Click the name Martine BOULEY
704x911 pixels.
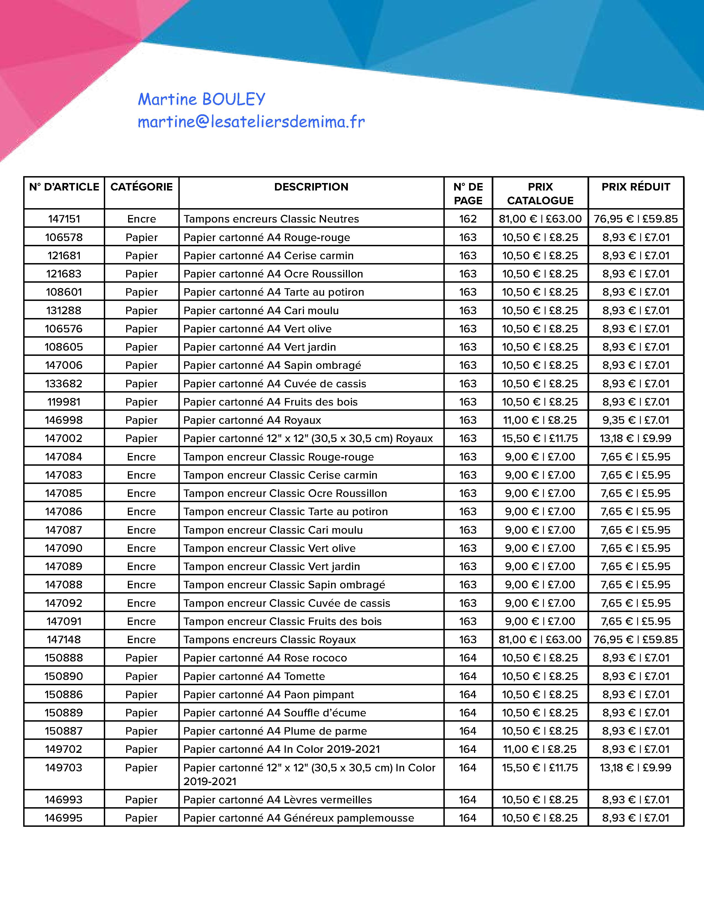pyautogui.click(x=202, y=99)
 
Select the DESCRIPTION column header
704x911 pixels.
pyautogui.click(x=311, y=187)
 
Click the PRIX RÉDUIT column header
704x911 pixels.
pyautogui.click(x=636, y=187)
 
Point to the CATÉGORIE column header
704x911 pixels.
pyautogui.click(x=141, y=187)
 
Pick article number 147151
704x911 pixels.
pyautogui.click(x=64, y=219)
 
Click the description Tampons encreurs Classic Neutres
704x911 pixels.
pyautogui.click(x=271, y=219)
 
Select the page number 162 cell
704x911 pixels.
pyautogui.click(x=468, y=219)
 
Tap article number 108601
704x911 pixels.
pyautogui.click(x=64, y=292)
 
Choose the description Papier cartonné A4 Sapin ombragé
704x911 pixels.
pyautogui.click(x=272, y=366)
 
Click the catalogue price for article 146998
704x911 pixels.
pyautogui.click(x=540, y=420)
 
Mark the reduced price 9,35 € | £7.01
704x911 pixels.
pyautogui.click(x=636, y=420)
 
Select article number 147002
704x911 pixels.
pyautogui.click(x=64, y=438)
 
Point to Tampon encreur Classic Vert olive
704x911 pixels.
pyautogui.click(x=269, y=548)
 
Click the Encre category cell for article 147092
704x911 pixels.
pyautogui.click(x=141, y=603)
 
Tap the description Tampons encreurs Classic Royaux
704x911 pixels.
pyautogui.click(x=269, y=639)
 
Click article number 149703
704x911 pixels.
pyautogui.click(x=64, y=767)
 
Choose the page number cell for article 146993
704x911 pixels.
pyautogui.click(x=468, y=800)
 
